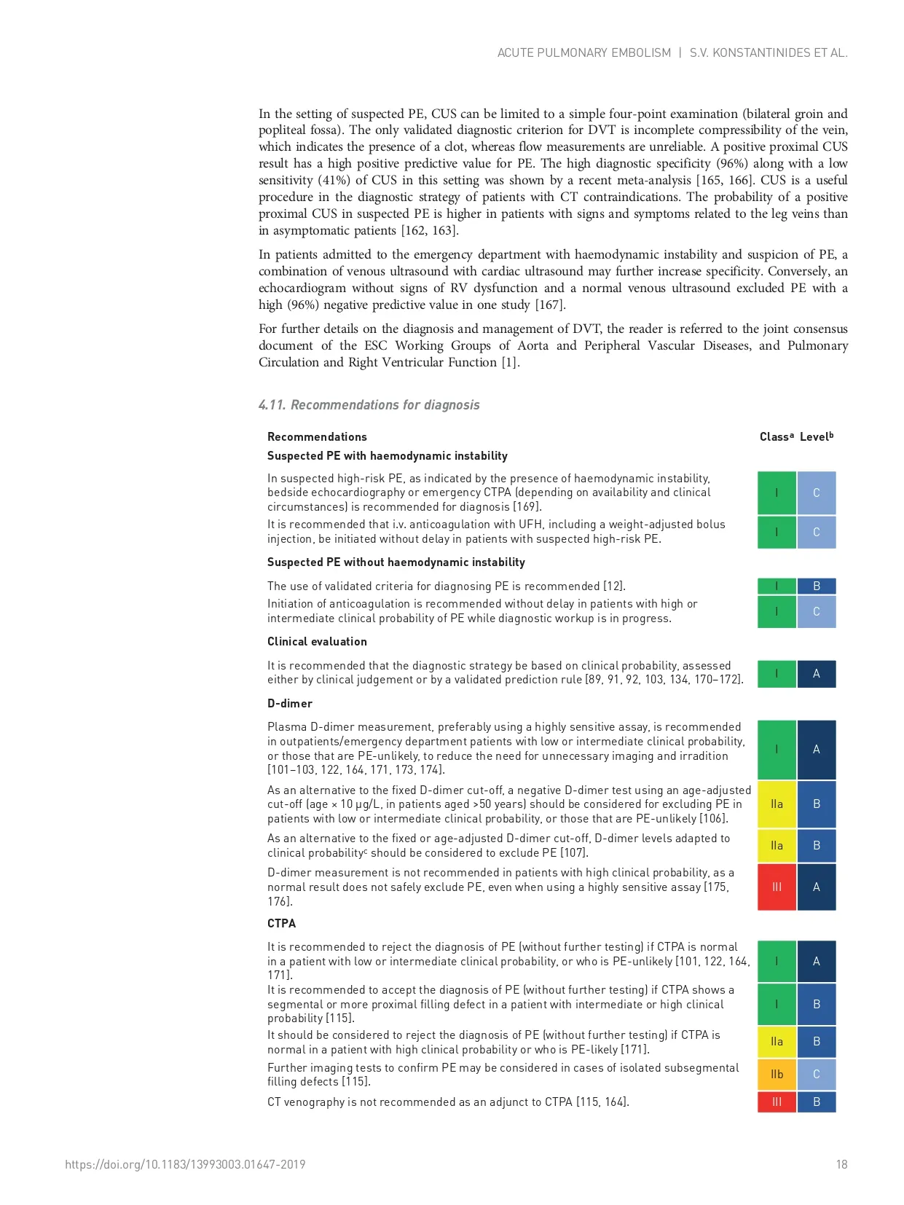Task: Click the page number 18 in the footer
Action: coord(841,1164)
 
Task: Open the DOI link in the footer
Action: coord(185,1164)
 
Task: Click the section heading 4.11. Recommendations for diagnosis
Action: coord(369,405)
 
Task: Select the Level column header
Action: coord(816,437)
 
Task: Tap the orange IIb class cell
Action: coord(777,1074)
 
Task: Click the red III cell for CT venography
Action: coord(777,1102)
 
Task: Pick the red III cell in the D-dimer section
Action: coord(777,887)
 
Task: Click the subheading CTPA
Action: coord(281,923)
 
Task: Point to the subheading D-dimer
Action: coord(289,703)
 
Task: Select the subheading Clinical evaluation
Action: coord(317,641)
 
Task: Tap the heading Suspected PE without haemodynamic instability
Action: coord(396,562)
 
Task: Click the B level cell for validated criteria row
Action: coord(816,586)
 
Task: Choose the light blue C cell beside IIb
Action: coord(816,1074)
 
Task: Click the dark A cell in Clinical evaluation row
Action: coord(816,673)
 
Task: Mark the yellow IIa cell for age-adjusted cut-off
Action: coord(777,804)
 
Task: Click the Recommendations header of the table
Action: coord(317,437)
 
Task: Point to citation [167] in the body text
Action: coord(549,305)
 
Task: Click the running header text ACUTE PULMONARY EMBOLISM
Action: coord(583,52)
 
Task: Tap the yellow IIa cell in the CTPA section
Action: coord(777,1042)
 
